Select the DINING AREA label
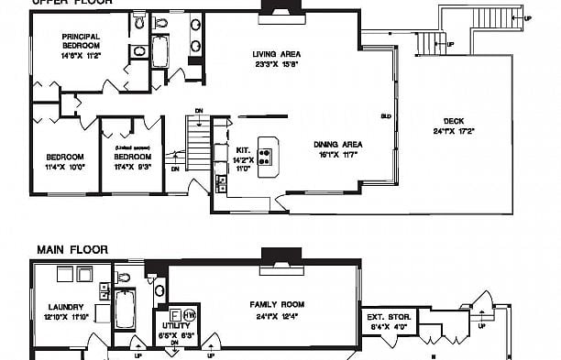click(x=339, y=144)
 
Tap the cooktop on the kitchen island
click(x=267, y=150)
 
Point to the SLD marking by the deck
click(x=386, y=116)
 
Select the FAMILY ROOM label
click(x=277, y=305)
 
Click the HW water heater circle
click(x=189, y=315)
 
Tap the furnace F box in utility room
click(x=175, y=313)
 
